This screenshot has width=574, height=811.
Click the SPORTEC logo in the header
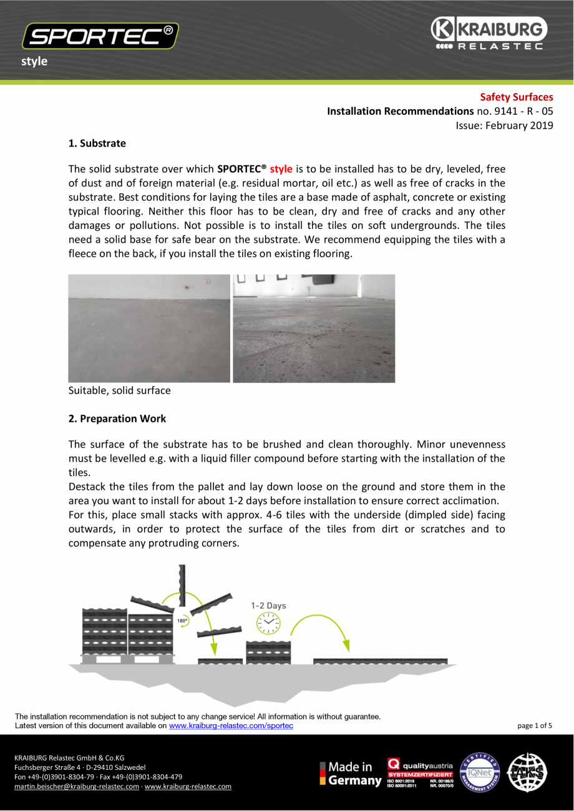100,36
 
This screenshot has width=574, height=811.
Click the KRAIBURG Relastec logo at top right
489,34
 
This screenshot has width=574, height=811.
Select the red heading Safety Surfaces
516,97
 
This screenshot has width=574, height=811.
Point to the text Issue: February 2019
504,125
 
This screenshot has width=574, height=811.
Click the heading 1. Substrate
97,143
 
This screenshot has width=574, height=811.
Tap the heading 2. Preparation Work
117,419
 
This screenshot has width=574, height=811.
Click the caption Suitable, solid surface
119,391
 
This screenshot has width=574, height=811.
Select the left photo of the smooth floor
149,328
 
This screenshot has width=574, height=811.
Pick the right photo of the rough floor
314,328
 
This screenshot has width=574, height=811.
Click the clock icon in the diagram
269,623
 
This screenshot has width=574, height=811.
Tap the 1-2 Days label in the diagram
268,605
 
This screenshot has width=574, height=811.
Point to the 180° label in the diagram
182,621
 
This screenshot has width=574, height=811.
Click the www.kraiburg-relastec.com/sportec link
231,726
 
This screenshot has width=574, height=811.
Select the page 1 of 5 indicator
535,726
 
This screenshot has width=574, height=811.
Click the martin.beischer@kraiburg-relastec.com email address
77,787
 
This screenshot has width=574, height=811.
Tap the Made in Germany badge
350,774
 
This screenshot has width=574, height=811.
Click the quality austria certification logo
419,772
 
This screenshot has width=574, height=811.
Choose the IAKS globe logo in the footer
527,772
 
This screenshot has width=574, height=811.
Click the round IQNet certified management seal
480,772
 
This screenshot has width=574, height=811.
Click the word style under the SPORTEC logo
34,61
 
